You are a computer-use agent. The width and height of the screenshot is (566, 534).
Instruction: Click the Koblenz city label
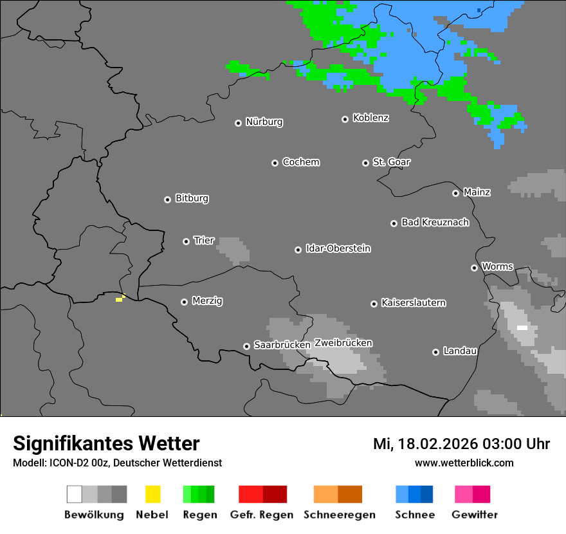pos(370,118)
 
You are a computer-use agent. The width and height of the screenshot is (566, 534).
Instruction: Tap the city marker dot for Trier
pos(186,241)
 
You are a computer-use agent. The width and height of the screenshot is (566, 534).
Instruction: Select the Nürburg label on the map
pos(264,122)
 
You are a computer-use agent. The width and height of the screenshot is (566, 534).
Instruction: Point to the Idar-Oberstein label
pos(338,248)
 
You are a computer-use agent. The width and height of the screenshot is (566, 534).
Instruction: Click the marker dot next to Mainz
pos(455,193)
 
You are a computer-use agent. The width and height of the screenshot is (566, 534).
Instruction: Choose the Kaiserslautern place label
pos(413,302)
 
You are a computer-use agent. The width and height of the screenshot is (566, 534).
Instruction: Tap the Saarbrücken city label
pos(282,345)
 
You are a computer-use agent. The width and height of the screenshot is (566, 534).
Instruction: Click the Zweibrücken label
pos(343,343)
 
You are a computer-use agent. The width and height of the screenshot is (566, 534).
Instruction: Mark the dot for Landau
pos(435,352)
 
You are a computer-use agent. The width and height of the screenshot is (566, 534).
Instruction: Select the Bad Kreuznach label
pos(435,222)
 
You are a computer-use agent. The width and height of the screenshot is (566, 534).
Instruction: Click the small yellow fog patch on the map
pos(120,299)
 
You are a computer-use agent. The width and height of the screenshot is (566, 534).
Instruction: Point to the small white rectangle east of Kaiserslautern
pos(522,327)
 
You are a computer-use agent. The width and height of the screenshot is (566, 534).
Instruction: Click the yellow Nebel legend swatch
pos(152,494)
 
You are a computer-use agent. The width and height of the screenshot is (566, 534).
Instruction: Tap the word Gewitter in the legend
pos(474,515)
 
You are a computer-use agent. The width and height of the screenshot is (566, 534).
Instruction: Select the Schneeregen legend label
pos(339,515)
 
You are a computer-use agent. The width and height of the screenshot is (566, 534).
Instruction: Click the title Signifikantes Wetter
pos(106,443)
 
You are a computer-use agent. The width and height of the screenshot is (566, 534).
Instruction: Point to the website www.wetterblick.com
pos(464,463)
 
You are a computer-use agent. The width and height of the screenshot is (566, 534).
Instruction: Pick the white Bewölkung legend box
pos(75,494)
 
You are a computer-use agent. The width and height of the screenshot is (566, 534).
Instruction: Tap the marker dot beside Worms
pos(474,268)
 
